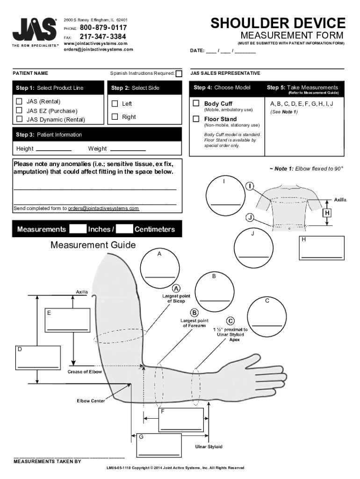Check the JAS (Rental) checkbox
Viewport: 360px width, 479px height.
point(19,102)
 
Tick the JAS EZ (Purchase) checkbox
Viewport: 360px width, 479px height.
point(19,110)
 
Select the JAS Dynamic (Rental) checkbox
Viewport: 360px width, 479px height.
point(19,119)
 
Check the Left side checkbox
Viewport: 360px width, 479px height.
point(115,103)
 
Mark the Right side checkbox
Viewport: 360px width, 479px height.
point(115,116)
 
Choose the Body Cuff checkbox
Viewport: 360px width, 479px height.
point(196,103)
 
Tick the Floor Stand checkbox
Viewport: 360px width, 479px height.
point(196,119)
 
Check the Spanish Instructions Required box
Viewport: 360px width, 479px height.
point(179,74)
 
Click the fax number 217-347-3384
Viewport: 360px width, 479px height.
point(103,36)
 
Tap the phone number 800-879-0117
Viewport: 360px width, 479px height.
point(103,28)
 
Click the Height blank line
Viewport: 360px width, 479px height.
point(53,149)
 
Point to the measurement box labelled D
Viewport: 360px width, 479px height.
point(38,359)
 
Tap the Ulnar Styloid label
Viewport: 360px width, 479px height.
point(209,447)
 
